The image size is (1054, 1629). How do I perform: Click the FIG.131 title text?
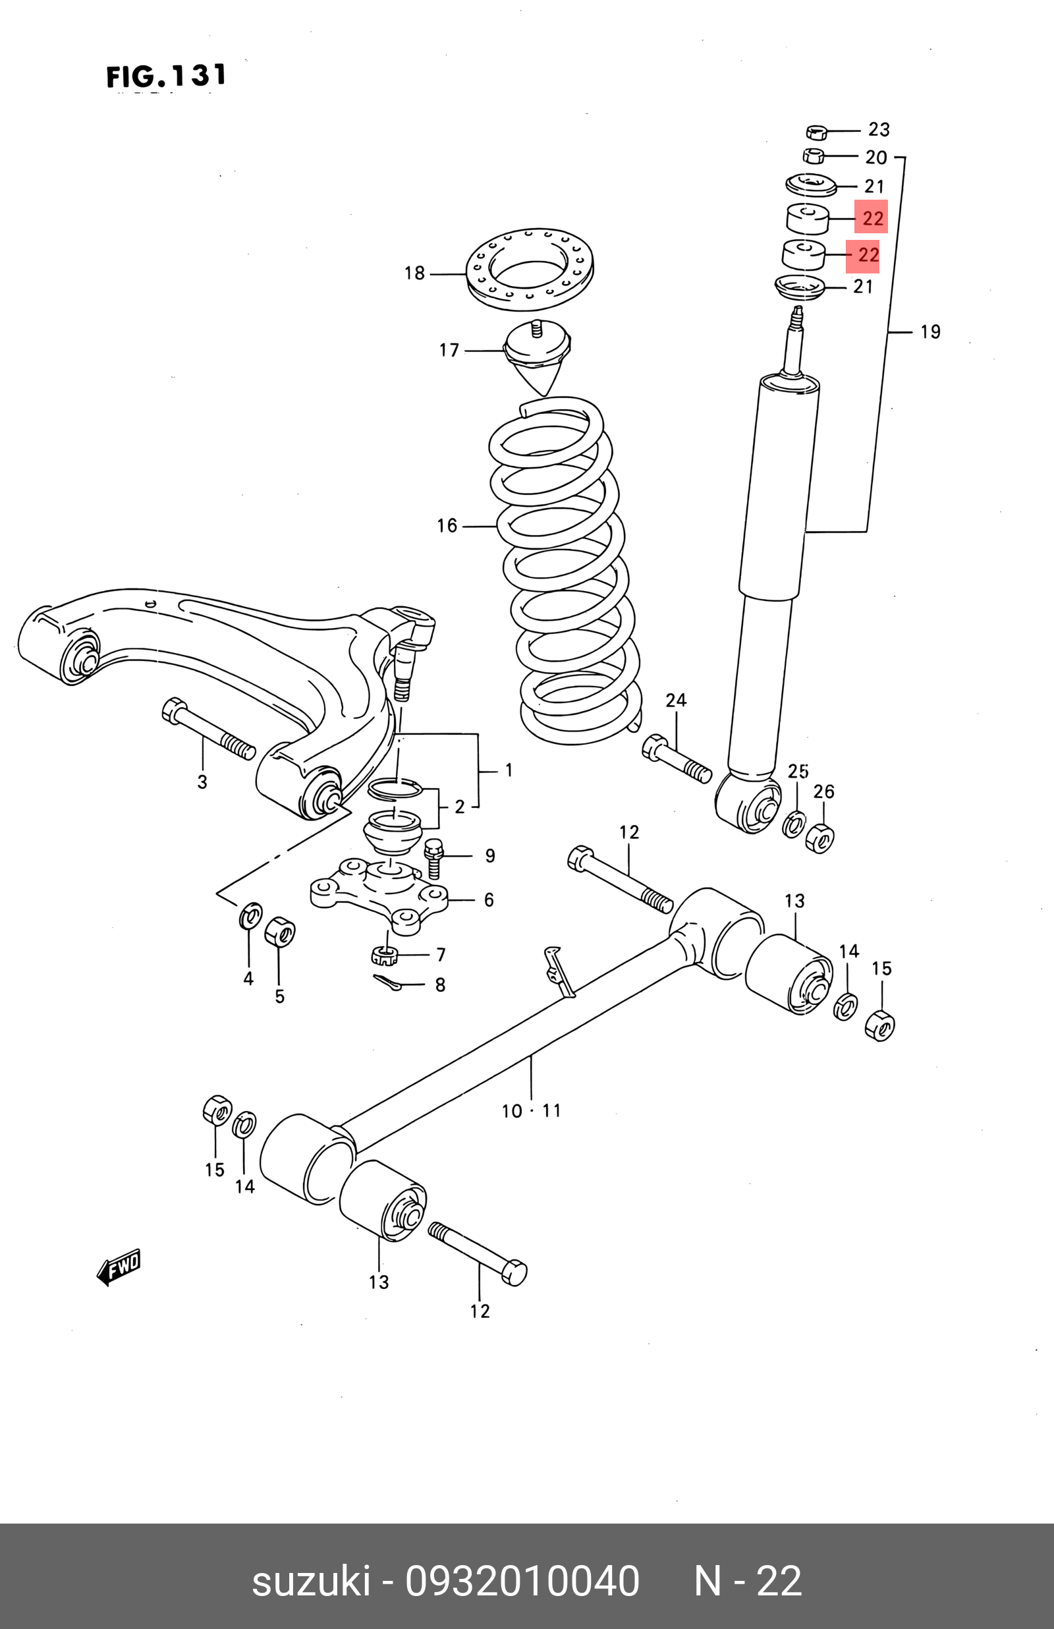[x=166, y=76]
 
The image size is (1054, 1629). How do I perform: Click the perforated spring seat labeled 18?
[x=530, y=268]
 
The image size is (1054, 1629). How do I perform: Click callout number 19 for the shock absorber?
[x=929, y=332]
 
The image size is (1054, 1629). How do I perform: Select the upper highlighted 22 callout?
[x=872, y=217]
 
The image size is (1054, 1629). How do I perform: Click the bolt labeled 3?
[x=208, y=729]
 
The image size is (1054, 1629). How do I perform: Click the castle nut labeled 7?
[x=385, y=953]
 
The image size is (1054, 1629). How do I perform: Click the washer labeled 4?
[x=251, y=915]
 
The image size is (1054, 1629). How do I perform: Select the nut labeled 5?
[x=279, y=932]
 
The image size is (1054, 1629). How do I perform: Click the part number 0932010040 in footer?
[x=522, y=1582]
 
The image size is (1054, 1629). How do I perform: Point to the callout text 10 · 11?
[x=531, y=1110]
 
